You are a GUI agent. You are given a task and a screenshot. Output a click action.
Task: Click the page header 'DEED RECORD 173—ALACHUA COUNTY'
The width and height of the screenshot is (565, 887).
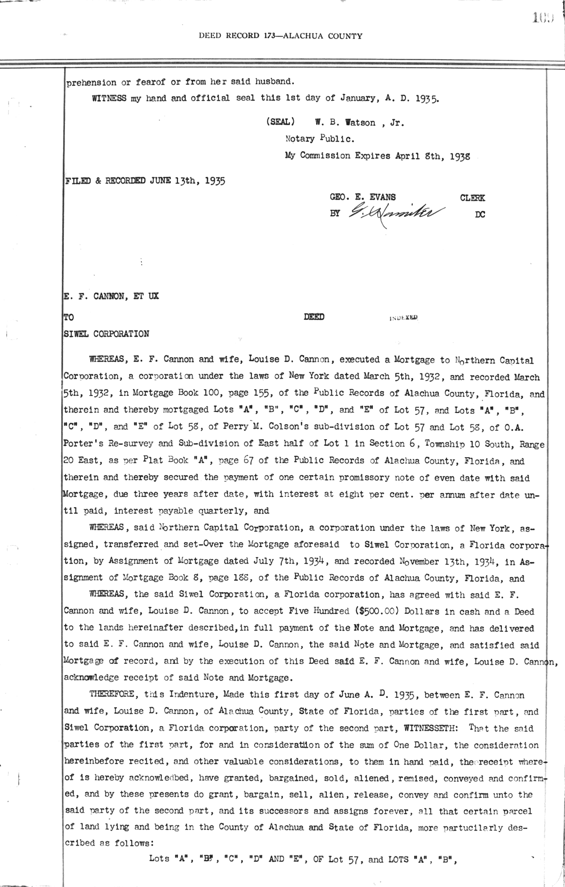click(280, 36)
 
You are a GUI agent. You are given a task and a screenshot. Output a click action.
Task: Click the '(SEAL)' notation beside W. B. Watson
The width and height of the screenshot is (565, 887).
click(281, 122)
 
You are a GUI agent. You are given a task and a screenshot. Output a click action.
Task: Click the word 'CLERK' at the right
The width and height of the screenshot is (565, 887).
click(472, 198)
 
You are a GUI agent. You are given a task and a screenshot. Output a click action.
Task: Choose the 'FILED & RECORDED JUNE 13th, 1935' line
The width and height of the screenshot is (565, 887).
click(144, 181)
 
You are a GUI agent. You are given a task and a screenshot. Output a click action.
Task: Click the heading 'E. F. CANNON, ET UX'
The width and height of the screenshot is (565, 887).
click(111, 297)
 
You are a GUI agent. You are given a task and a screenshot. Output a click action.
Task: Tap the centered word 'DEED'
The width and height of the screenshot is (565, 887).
click(314, 317)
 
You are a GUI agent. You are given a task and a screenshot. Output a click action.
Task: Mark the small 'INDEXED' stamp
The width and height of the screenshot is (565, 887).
click(404, 318)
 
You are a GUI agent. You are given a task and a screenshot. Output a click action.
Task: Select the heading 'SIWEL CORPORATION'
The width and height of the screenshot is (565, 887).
click(106, 334)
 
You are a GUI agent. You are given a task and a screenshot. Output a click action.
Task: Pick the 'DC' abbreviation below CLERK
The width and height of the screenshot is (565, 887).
click(480, 215)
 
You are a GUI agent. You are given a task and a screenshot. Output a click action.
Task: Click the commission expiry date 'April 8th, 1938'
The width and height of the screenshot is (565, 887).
click(431, 156)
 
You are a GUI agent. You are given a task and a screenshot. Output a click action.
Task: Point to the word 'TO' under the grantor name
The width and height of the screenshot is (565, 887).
click(68, 317)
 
